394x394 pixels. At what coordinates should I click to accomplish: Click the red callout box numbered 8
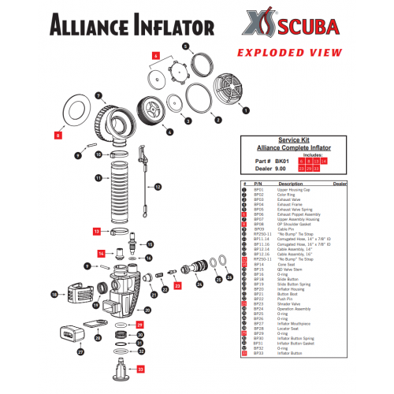(58, 136)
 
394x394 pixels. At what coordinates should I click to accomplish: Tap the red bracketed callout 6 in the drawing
(155, 56)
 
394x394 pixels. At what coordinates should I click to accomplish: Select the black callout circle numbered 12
(157, 187)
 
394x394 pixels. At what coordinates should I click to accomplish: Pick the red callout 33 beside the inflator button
(141, 368)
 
